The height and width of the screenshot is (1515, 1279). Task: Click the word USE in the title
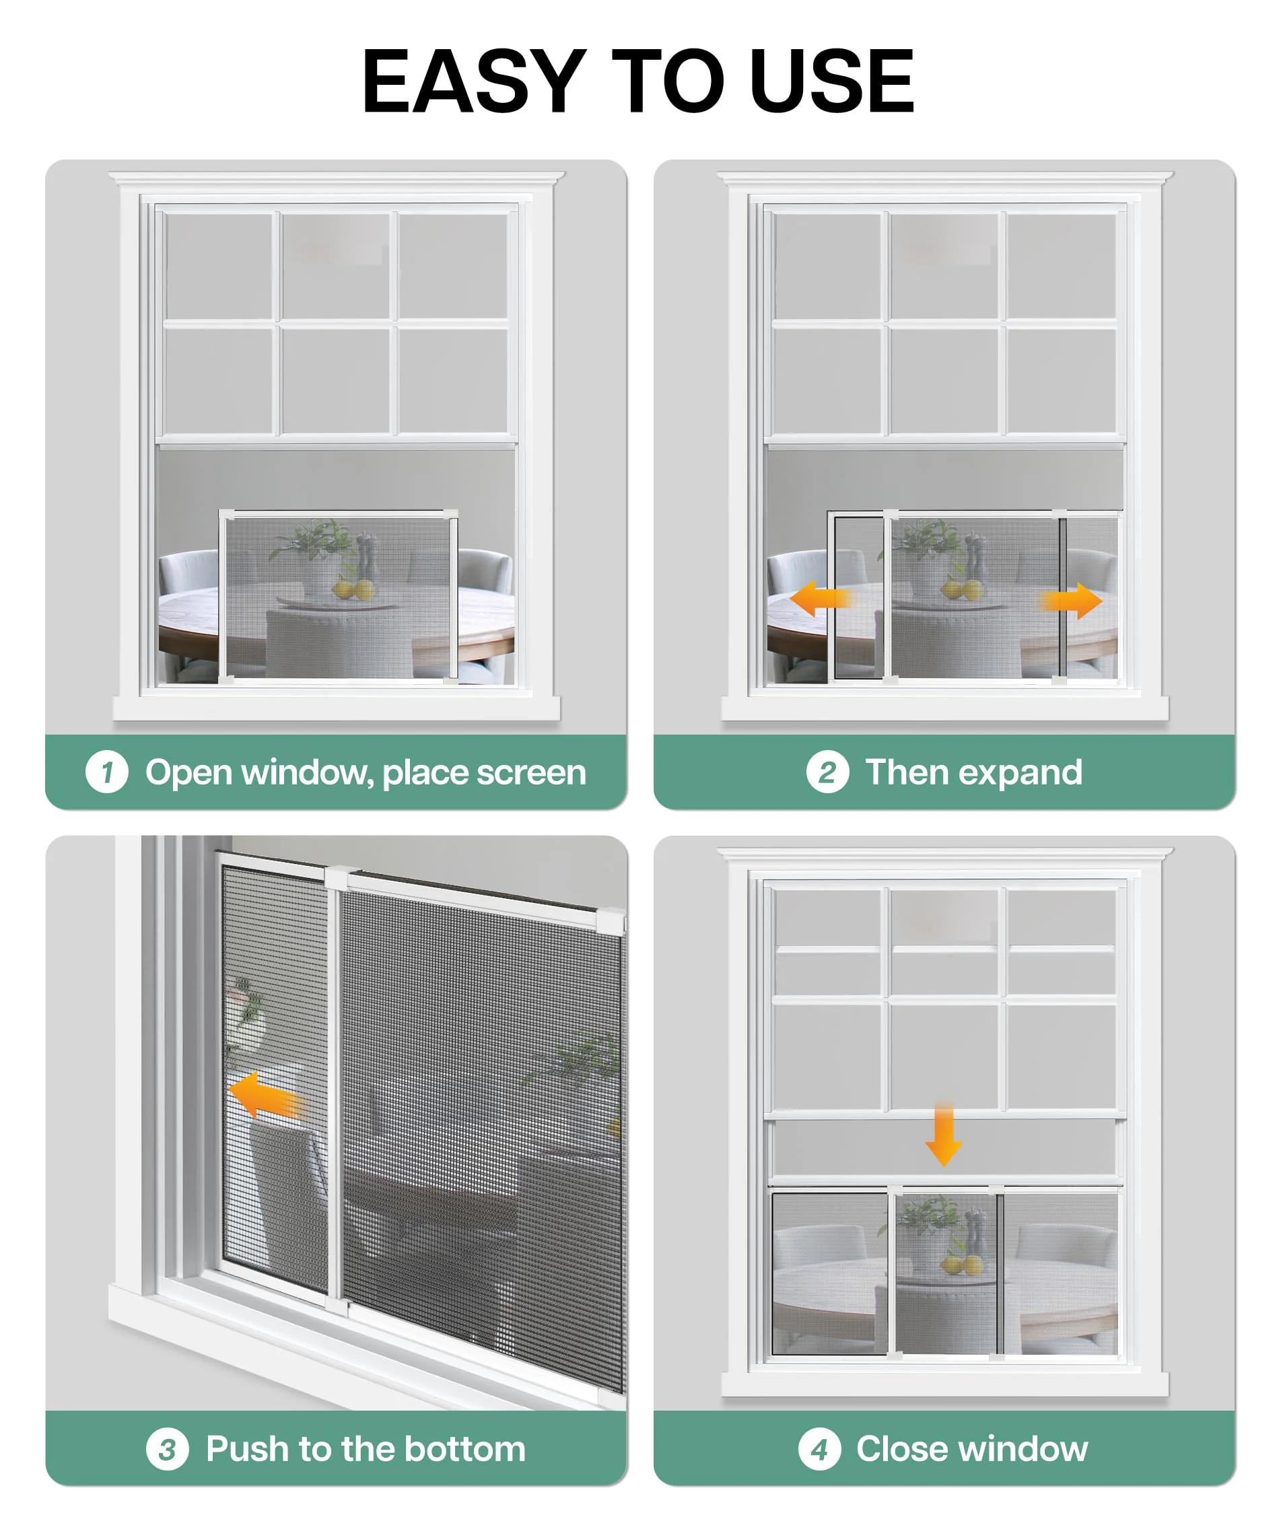[831, 81]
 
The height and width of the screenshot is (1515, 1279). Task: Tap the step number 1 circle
[106, 772]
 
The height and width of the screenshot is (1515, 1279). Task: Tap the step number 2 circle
[827, 772]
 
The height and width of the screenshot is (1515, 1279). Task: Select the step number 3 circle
[168, 1449]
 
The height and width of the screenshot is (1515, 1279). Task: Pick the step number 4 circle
[819, 1449]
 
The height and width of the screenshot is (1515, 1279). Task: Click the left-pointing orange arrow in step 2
[820, 599]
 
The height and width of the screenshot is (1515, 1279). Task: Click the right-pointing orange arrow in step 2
[1072, 601]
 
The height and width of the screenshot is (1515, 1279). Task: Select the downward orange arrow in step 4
[943, 1136]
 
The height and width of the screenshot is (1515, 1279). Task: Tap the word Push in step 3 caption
[247, 1448]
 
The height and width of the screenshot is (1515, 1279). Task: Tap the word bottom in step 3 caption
[464, 1448]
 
